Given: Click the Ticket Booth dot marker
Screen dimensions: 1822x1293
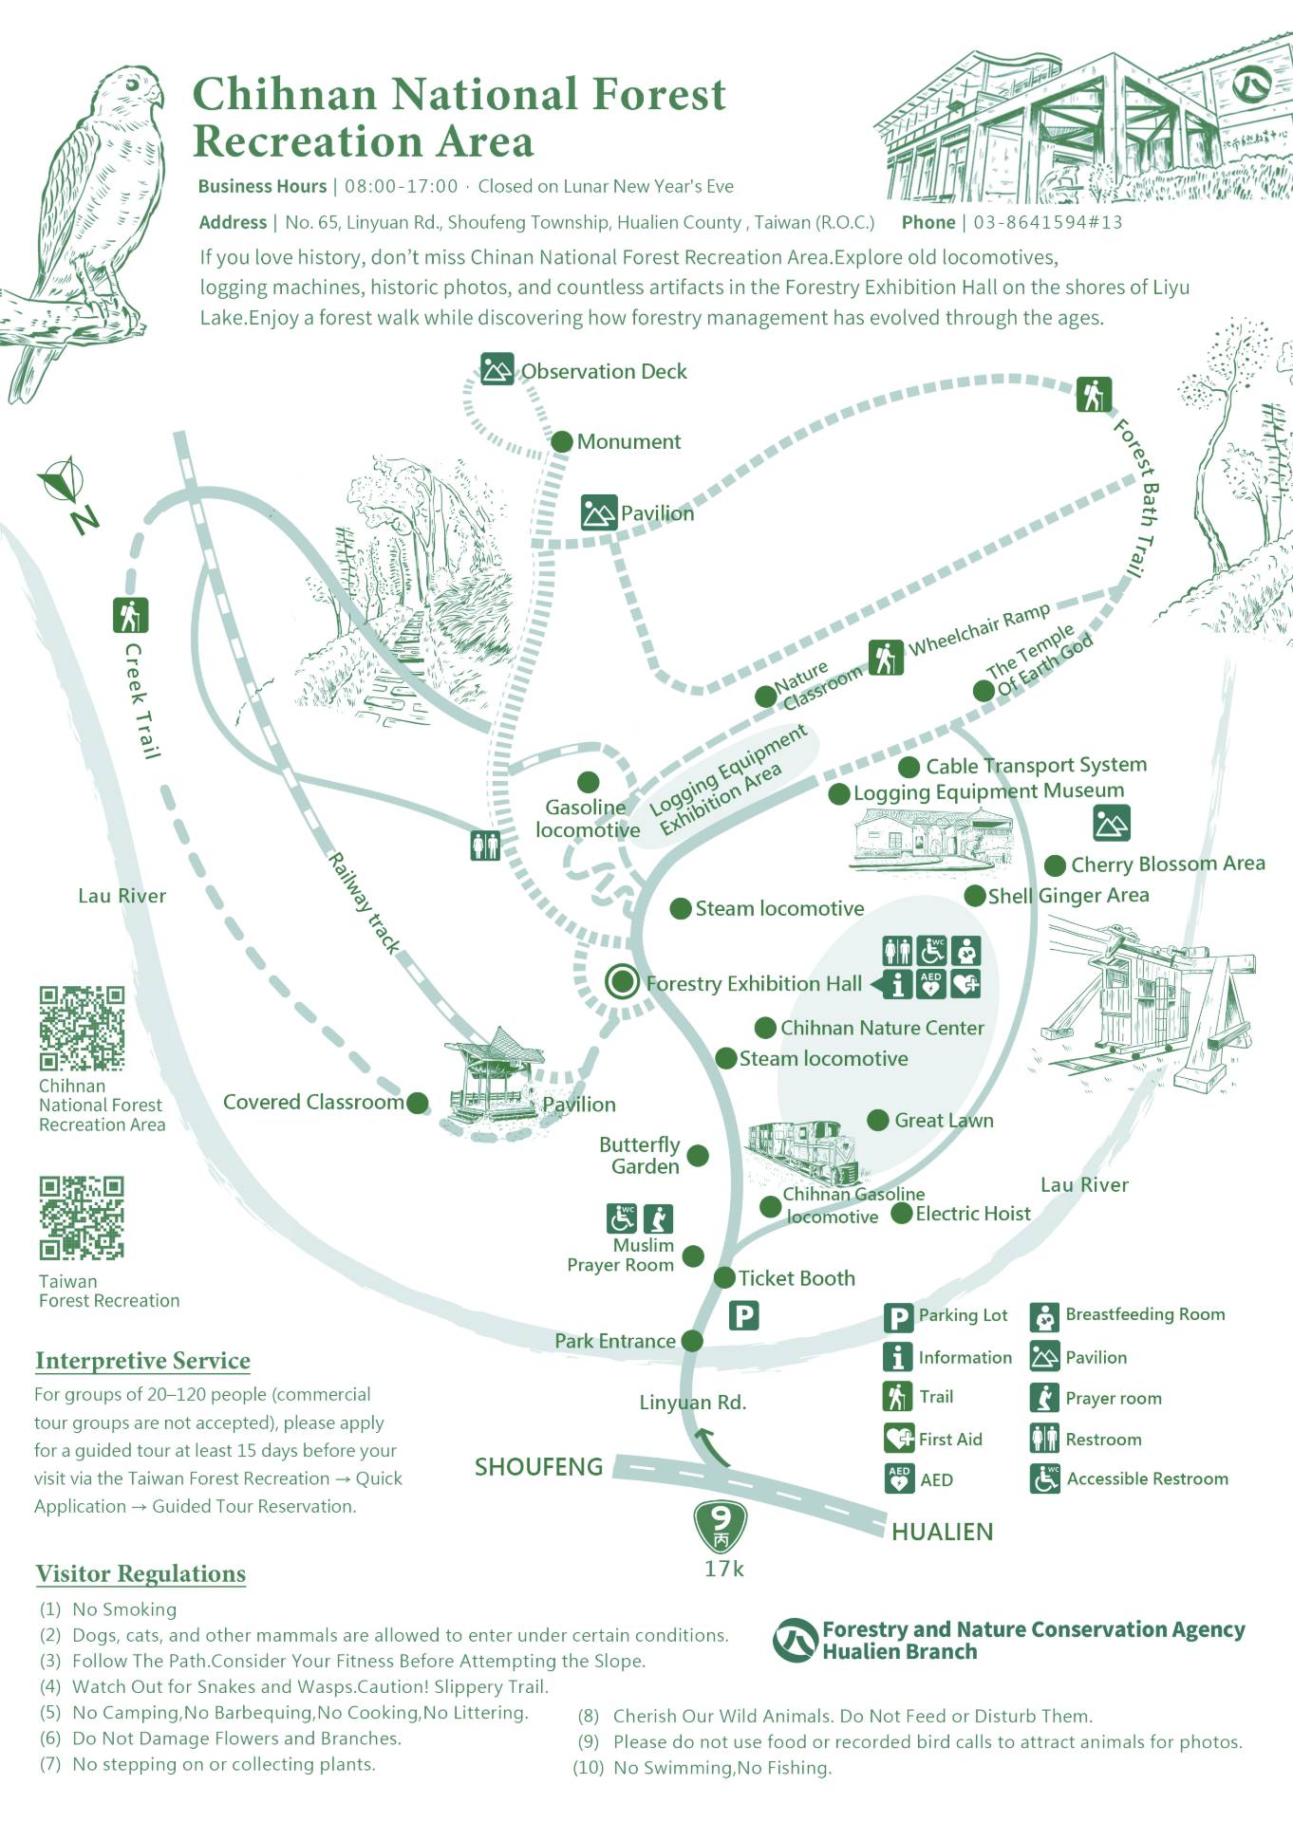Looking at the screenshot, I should [x=724, y=1276].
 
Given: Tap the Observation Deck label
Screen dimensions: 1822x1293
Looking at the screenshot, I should [x=604, y=371].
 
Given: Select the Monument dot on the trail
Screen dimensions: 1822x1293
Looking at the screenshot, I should [x=562, y=441].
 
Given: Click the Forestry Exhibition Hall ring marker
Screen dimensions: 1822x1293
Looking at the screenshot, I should [x=623, y=981].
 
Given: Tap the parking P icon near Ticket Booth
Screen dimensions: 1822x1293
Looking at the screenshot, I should [x=743, y=1315].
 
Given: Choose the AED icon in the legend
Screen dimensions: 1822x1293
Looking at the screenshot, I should [x=898, y=1478].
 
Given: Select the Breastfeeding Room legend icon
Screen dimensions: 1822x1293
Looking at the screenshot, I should [x=1044, y=1316].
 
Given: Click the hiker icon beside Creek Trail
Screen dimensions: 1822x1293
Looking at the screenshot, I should [x=130, y=615].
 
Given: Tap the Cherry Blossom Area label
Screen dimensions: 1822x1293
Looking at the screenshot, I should [x=1168, y=864].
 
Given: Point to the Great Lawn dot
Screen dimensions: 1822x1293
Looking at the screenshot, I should [x=878, y=1120].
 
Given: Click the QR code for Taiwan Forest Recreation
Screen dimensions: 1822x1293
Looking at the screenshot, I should [x=82, y=1218].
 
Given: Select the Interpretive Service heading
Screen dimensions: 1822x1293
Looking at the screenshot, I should [x=142, y=1361].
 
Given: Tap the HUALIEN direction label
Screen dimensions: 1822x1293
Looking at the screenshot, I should [x=942, y=1531].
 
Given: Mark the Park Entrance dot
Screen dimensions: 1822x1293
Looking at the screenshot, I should [x=692, y=1340].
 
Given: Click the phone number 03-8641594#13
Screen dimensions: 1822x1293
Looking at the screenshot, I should [x=1047, y=222].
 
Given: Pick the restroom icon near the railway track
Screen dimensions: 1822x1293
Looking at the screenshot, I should [x=485, y=845].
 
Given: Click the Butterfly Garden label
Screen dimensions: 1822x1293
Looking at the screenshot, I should [x=641, y=1155].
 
